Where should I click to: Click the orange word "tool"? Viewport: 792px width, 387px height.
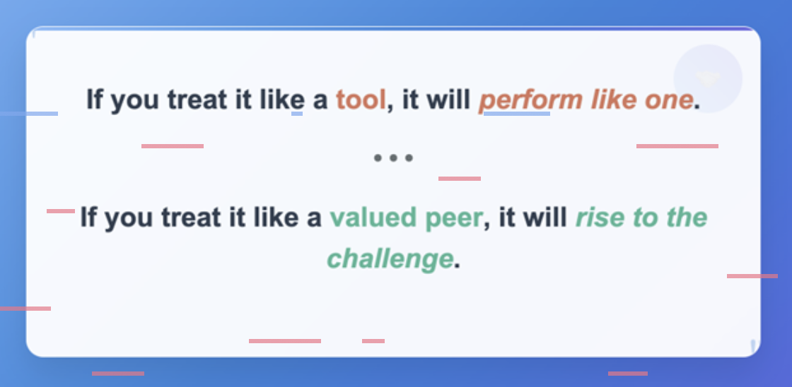pyautogui.click(x=361, y=99)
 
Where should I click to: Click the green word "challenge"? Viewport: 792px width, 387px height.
pyautogui.click(x=390, y=259)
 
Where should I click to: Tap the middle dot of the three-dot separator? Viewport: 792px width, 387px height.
pyautogui.click(x=393, y=158)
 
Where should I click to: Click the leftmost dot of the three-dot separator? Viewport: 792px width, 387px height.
pyautogui.click(x=378, y=158)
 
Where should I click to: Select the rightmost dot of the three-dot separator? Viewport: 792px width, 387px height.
pyautogui.click(x=409, y=158)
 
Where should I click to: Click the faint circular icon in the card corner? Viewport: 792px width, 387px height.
pyautogui.click(x=708, y=78)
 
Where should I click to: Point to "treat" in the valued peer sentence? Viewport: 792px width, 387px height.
pyautogui.click(x=192, y=218)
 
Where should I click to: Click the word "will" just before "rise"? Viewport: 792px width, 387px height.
pyautogui.click(x=549, y=218)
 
